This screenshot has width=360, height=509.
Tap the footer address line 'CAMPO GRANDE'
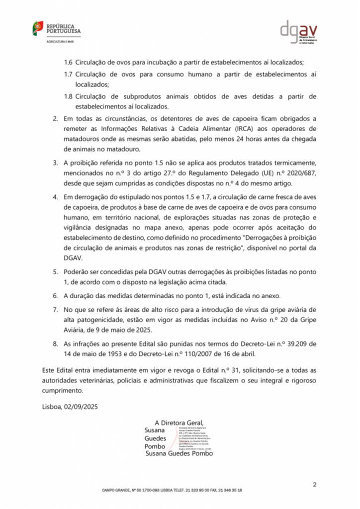pos(172,490)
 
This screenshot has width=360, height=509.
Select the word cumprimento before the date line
pos(62,391)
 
